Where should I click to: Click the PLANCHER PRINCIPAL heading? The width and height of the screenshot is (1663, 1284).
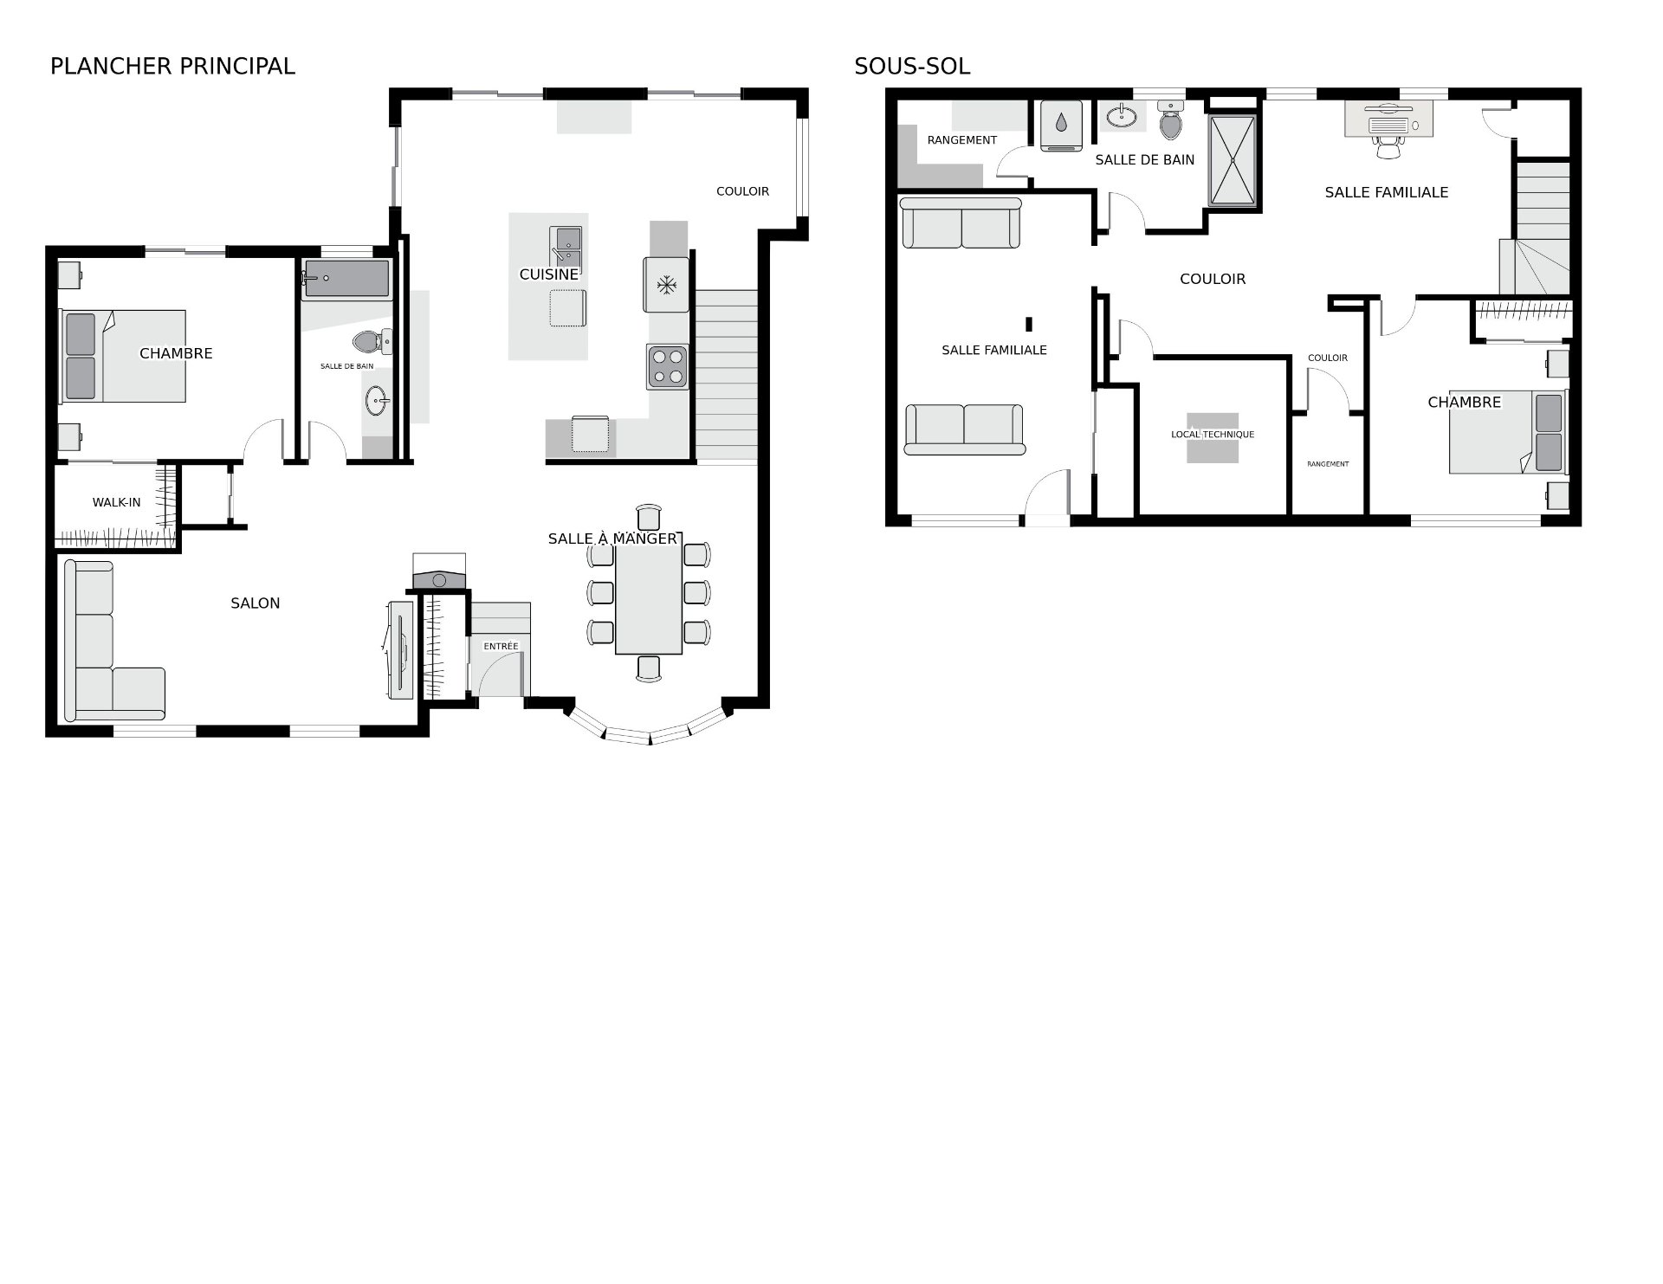[x=172, y=67]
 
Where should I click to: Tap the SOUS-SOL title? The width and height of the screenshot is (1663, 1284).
[x=912, y=67]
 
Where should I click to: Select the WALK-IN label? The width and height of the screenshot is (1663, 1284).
[x=116, y=502]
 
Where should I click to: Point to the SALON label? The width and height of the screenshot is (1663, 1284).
[x=255, y=603]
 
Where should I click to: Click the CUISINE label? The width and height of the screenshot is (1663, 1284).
[x=549, y=274]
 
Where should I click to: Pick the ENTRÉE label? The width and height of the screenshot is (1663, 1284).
[x=501, y=646]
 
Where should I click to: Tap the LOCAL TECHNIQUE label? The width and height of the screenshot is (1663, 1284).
[x=1213, y=435]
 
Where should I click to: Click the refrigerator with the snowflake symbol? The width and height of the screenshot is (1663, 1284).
[x=666, y=284]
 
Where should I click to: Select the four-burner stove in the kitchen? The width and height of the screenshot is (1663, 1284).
[x=667, y=366]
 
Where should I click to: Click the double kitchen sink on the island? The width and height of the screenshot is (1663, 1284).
[x=566, y=245]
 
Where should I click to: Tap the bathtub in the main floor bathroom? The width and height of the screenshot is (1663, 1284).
[x=346, y=279]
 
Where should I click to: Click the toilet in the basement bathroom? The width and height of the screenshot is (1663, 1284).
[x=1170, y=120]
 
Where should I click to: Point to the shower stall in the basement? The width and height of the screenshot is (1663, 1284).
[x=1232, y=160]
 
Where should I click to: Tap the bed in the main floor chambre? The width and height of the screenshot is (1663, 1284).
[x=123, y=356]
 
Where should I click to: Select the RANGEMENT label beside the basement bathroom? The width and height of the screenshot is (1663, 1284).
[x=962, y=140]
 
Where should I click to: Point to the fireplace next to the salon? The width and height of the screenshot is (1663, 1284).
[x=439, y=572]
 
